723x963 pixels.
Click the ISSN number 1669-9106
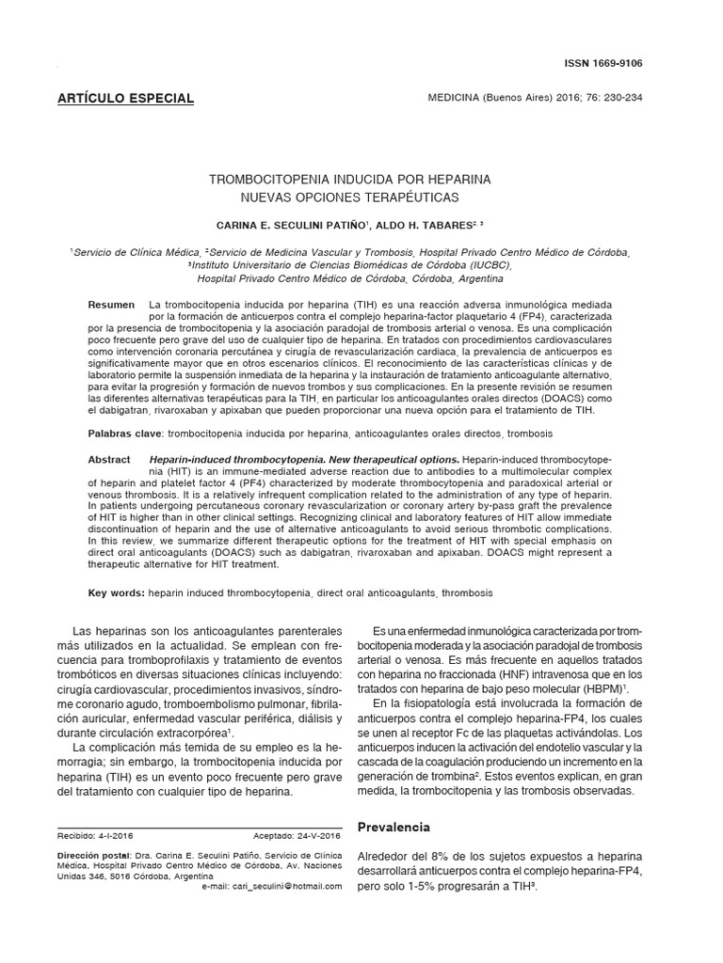click(621, 62)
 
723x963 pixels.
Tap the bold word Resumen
click(111, 307)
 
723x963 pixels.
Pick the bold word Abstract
click(109, 459)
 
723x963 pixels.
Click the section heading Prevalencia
click(394, 828)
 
